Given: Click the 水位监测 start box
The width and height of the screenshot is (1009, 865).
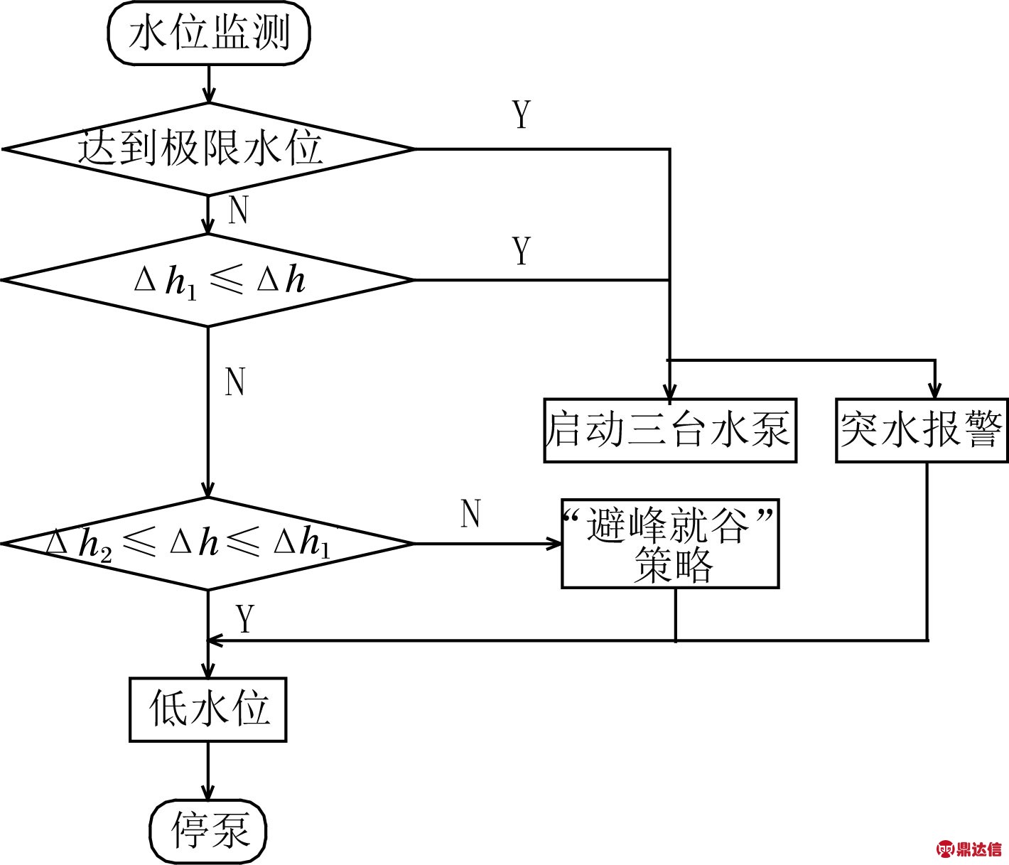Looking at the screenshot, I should click(x=209, y=33).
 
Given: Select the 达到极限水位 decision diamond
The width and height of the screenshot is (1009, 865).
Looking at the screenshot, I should click(x=207, y=149).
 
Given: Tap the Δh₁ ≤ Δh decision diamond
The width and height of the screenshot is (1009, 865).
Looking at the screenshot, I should click(x=207, y=280).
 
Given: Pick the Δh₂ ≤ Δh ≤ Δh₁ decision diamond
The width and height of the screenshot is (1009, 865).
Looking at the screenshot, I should click(x=207, y=544).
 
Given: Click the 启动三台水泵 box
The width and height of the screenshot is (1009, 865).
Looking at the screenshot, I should click(x=669, y=430).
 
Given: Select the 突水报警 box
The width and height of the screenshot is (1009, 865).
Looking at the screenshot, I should click(x=922, y=430).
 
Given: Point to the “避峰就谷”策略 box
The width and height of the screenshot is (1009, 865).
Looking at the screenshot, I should click(x=669, y=544).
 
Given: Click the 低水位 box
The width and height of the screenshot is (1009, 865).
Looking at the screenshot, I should click(x=207, y=709).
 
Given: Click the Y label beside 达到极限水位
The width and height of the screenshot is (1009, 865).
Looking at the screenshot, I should click(x=522, y=114).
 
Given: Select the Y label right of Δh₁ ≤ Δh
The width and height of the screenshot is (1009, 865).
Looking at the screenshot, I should click(x=522, y=251).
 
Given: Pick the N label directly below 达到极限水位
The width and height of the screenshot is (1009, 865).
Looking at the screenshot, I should click(x=239, y=210).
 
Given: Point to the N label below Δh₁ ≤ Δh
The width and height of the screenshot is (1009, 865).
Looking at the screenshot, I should click(x=235, y=382).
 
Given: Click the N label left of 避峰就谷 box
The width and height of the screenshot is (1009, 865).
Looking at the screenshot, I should click(x=471, y=514).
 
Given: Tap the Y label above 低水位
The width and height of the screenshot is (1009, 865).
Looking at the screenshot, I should click(x=246, y=619).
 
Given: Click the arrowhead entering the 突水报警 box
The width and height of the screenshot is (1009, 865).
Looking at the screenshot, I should click(x=935, y=390).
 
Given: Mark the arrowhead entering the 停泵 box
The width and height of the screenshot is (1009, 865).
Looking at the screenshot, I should click(x=208, y=792).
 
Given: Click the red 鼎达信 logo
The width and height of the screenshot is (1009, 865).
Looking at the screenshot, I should click(x=970, y=849).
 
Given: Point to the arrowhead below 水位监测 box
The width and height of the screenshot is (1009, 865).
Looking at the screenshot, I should click(x=208, y=95).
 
